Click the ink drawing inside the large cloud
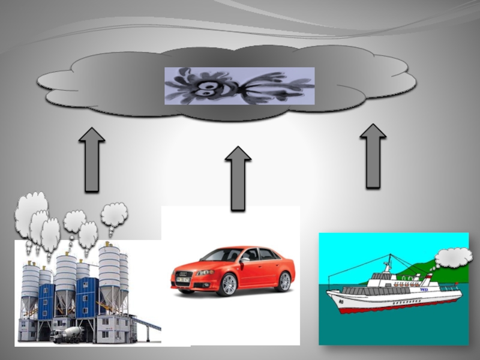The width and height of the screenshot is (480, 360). [239, 86]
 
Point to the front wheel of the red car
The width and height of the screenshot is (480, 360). [227, 284]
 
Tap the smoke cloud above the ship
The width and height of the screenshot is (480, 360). [453, 257]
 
